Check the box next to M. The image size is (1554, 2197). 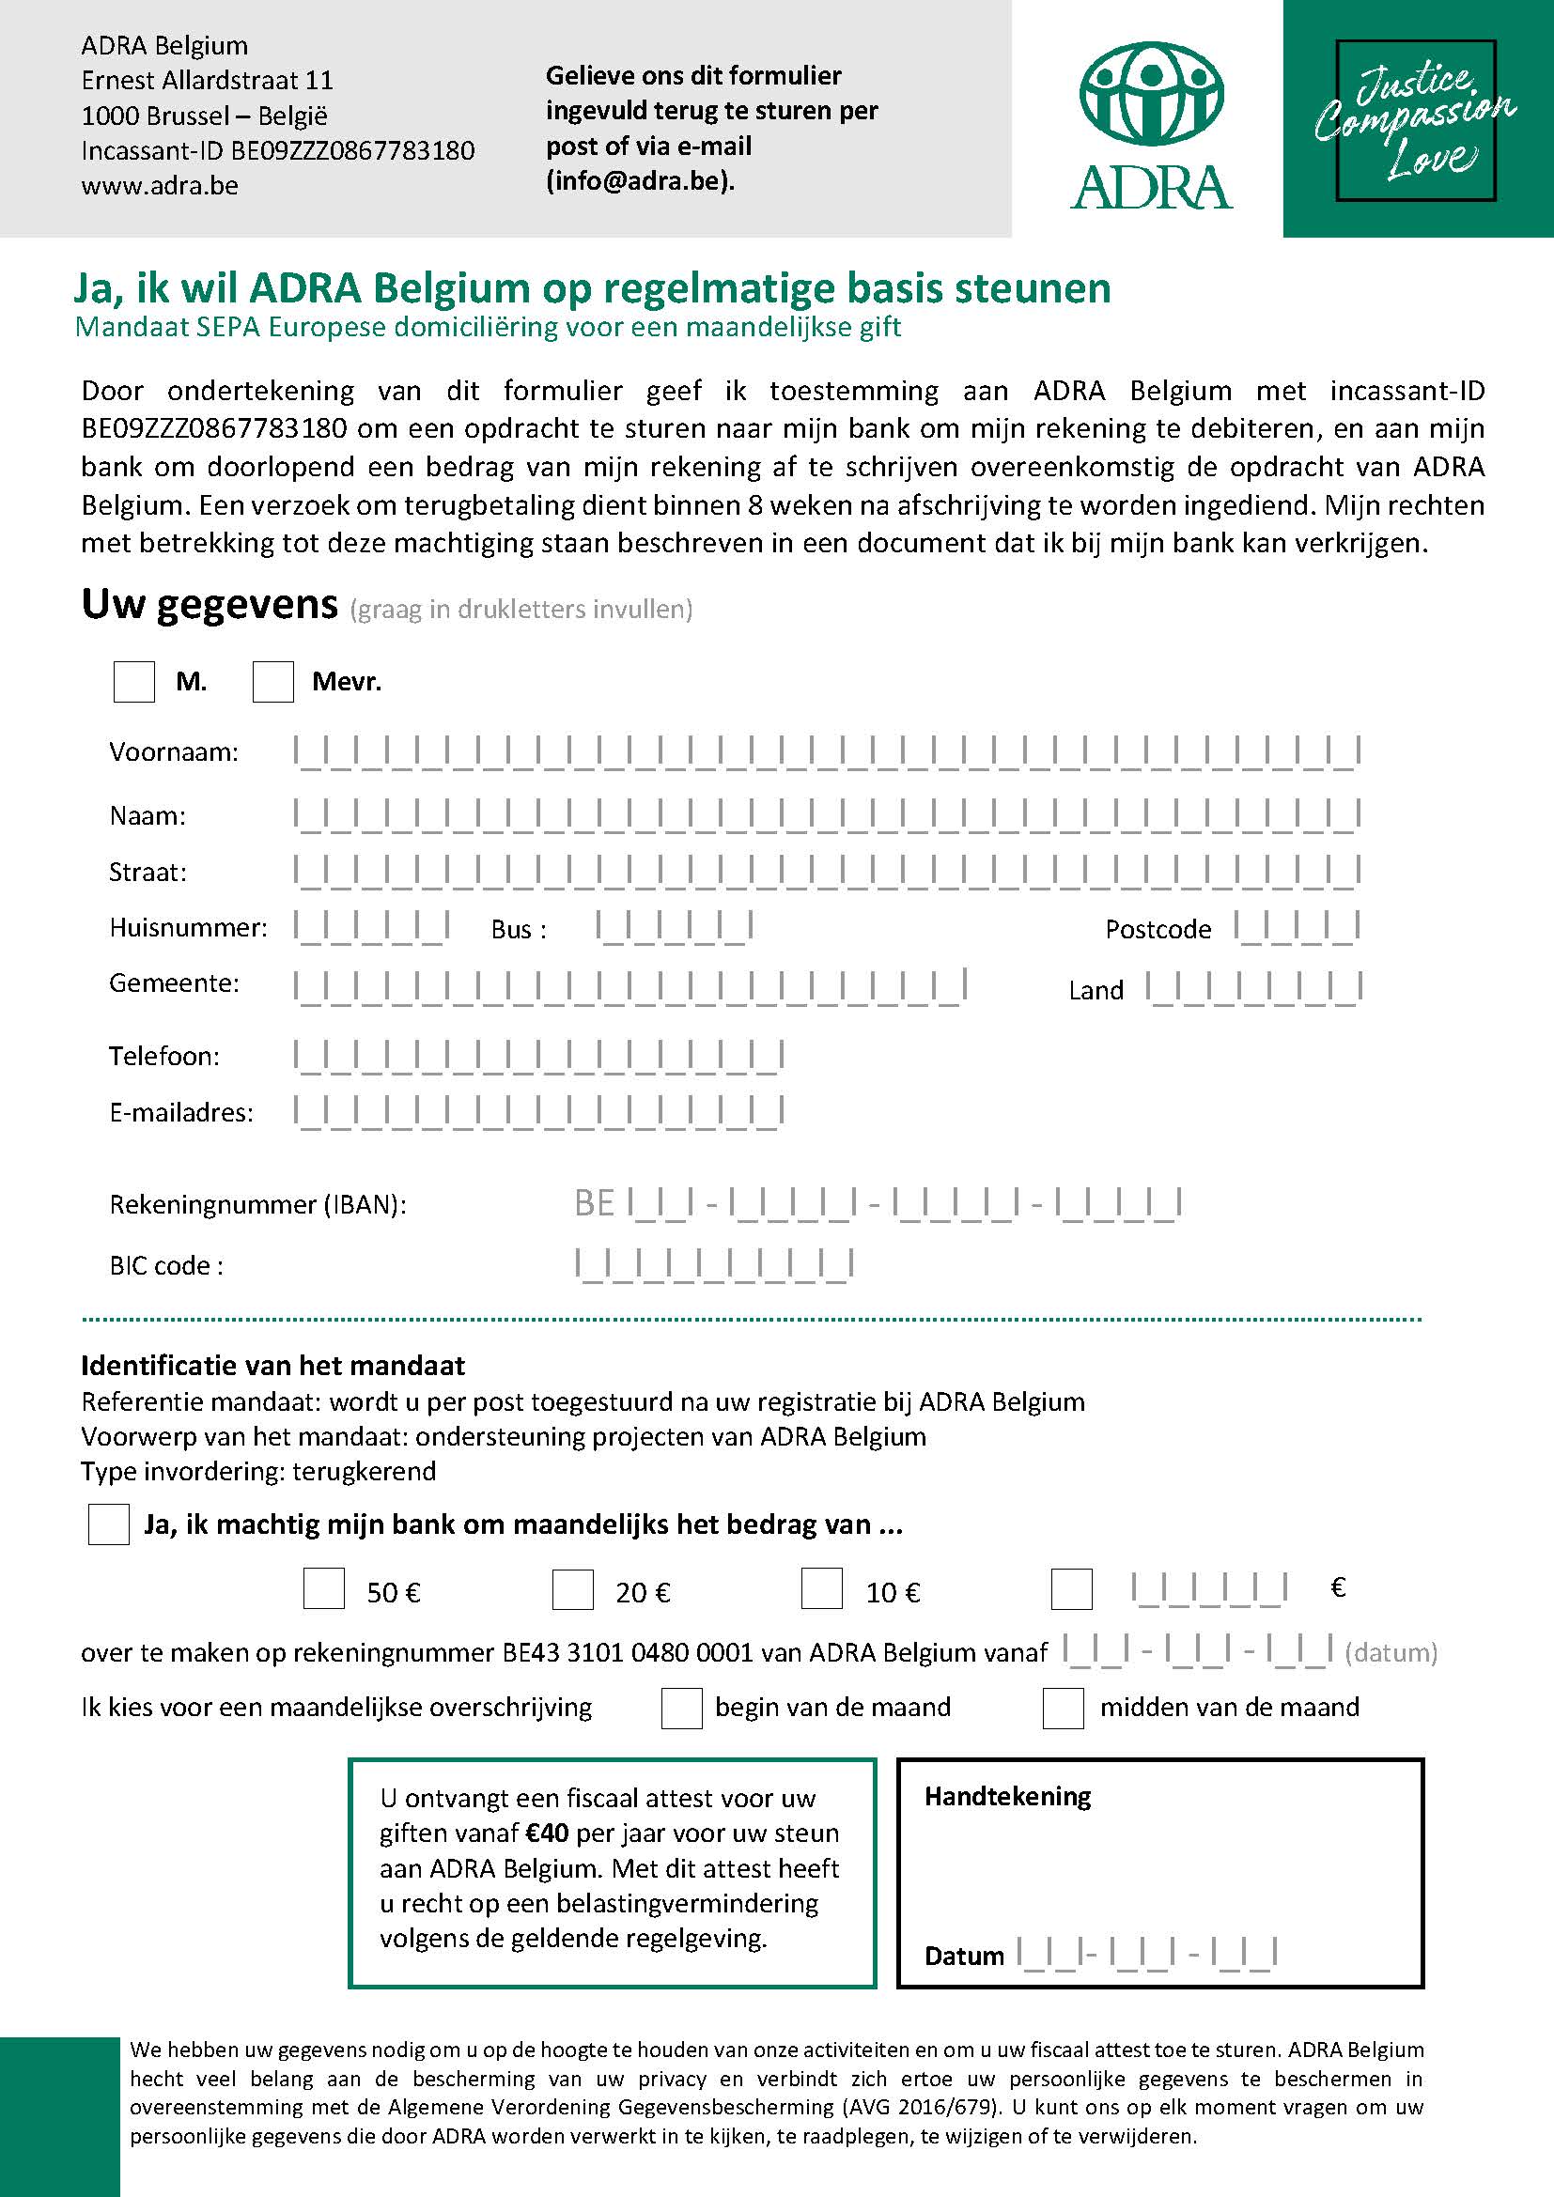[134, 682]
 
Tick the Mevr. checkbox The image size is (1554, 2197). [272, 682]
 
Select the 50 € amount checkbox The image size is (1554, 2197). [323, 1588]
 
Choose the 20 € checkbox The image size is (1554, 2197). [572, 1588]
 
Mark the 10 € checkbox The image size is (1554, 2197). [821, 1588]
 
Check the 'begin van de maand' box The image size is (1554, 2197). [681, 1708]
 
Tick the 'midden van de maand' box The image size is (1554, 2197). [1063, 1708]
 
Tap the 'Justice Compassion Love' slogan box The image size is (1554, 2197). [1415, 120]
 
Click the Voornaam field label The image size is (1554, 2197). [173, 752]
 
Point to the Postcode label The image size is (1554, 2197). [1158, 929]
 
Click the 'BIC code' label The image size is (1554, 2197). [166, 1266]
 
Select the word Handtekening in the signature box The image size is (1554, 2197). [1006, 1796]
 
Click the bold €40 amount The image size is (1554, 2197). [547, 1833]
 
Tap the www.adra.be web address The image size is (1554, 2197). [159, 186]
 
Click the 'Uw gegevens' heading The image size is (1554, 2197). [210, 605]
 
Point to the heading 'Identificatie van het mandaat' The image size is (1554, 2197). [272, 1366]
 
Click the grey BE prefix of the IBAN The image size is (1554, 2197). [593, 1204]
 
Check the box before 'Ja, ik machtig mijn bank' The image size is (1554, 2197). [108, 1524]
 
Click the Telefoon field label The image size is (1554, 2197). [163, 1057]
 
